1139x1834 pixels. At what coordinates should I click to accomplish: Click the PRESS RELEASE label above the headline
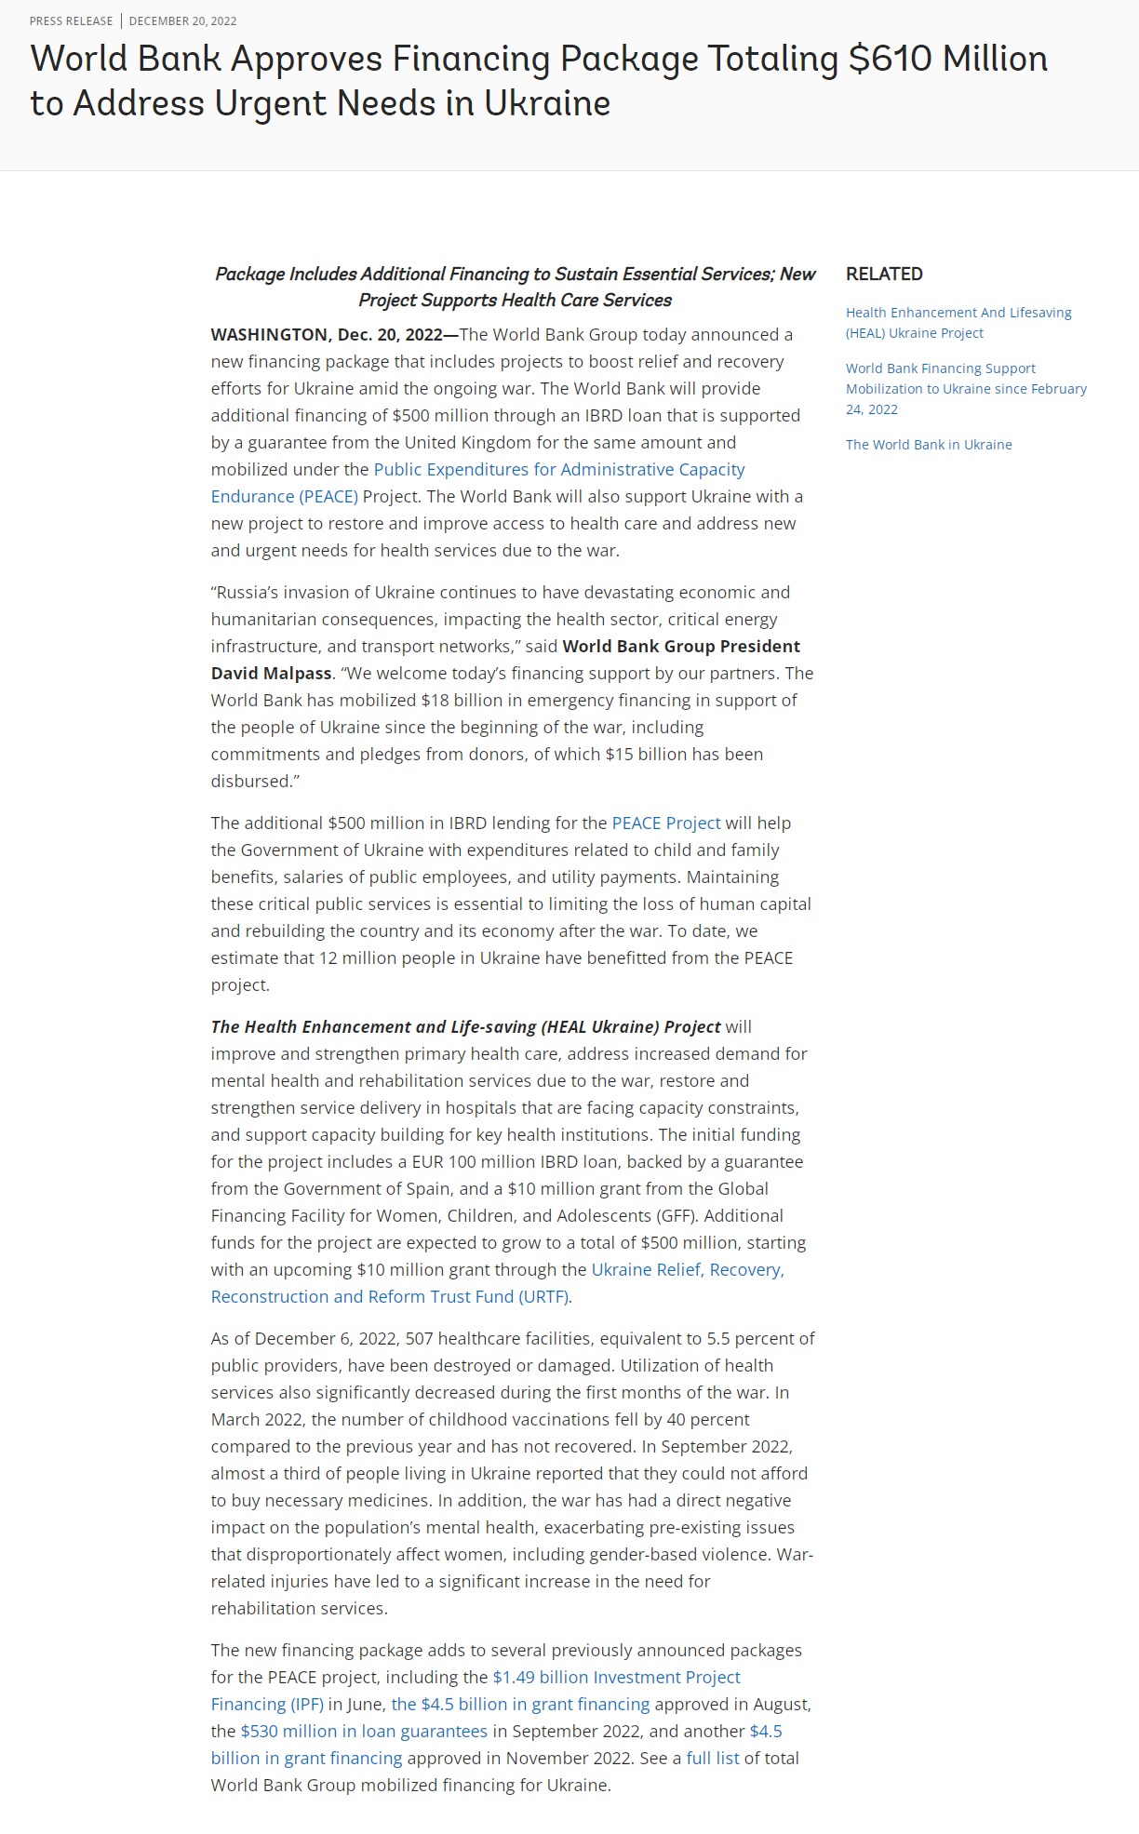pos(71,20)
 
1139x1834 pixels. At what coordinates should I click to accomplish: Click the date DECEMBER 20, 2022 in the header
pos(182,20)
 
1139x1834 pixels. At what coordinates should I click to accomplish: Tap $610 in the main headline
pos(890,59)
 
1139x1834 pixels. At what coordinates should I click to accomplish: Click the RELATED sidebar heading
pos(884,274)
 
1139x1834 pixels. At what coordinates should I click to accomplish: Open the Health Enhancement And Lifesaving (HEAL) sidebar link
pos(958,322)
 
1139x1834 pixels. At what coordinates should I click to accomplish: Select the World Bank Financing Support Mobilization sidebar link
pos(966,388)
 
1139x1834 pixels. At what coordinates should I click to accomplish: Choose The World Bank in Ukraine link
pos(929,445)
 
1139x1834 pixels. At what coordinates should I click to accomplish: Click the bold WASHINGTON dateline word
pos(269,335)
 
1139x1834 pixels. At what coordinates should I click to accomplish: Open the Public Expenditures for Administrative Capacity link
pos(558,470)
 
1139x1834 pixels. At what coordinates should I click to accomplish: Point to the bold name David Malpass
pos(271,673)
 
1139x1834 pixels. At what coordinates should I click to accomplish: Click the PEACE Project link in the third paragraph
pos(665,823)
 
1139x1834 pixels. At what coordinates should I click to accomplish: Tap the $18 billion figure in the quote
pos(462,700)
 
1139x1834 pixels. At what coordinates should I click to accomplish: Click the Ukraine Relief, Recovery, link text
pos(688,1270)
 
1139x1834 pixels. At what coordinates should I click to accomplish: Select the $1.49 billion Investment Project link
pos(616,1677)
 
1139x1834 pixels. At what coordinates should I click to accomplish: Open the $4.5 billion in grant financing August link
pos(520,1704)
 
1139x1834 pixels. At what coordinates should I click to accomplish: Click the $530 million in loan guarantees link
pos(364,1731)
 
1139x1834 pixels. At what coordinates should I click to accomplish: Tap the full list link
pos(713,1758)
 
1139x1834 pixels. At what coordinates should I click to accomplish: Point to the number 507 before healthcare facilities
pos(419,1339)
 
